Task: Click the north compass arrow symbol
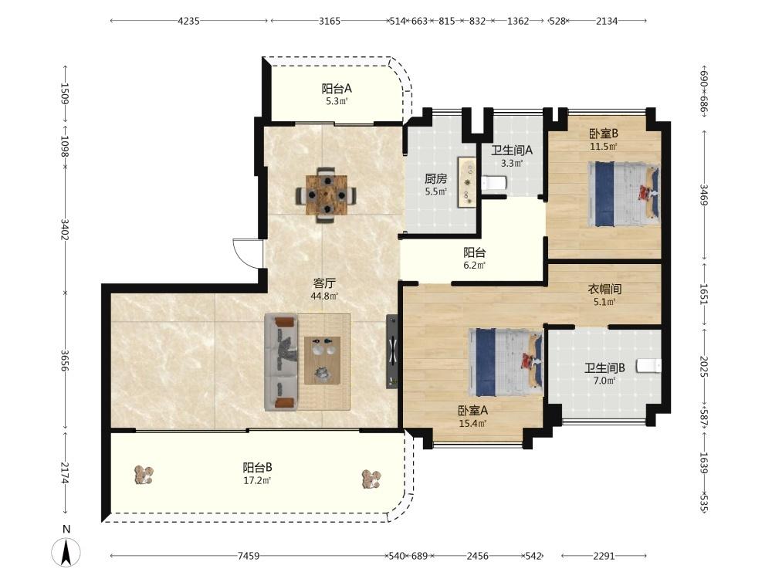click(x=66, y=552)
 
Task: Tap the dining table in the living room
click(x=326, y=195)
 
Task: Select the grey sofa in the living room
click(x=282, y=362)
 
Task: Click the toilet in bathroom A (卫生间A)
click(x=494, y=184)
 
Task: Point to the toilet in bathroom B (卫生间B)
click(x=648, y=366)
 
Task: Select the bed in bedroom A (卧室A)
click(x=506, y=362)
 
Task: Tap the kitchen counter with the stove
click(x=467, y=181)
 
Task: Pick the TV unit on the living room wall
click(x=392, y=351)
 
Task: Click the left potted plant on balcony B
click(x=144, y=475)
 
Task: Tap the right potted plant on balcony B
click(x=371, y=479)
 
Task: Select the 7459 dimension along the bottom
click(x=248, y=556)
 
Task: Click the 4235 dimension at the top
click(x=188, y=21)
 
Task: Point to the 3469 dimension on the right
click(x=704, y=195)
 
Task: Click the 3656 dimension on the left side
click(x=65, y=361)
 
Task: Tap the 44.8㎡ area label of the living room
click(x=324, y=296)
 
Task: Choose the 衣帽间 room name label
click(x=604, y=289)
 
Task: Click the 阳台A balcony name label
click(x=337, y=89)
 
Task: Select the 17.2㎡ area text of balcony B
click(x=258, y=480)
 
